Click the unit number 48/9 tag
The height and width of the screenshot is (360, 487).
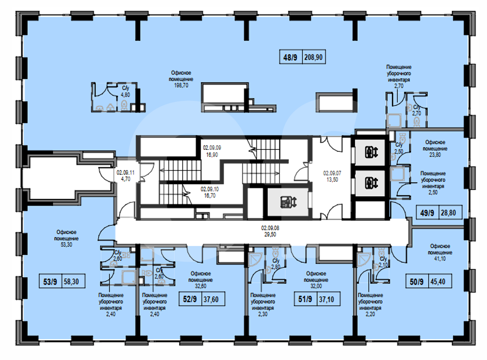click(290, 57)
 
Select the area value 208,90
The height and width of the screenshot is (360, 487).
click(313, 57)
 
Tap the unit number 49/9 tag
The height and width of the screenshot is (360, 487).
click(427, 213)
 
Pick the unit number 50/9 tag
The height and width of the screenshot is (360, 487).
click(417, 282)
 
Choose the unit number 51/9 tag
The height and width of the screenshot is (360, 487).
click(305, 299)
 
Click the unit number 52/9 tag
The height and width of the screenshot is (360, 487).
click(190, 299)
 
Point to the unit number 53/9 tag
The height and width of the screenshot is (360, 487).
click(50, 282)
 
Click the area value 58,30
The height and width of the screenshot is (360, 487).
click(71, 282)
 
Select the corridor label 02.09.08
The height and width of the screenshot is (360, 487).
click(270, 228)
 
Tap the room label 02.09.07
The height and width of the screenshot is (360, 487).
click(332, 173)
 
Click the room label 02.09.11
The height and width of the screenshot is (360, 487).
click(125, 172)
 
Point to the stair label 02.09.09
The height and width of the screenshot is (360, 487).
click(212, 148)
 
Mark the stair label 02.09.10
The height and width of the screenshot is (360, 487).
click(209, 189)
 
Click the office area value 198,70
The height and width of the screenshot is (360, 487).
click(181, 86)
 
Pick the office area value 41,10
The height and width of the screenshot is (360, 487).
click(440, 259)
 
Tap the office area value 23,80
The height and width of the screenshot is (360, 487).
click(435, 155)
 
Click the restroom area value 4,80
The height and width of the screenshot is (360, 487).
click(125, 95)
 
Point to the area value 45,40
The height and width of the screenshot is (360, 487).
click(438, 282)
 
